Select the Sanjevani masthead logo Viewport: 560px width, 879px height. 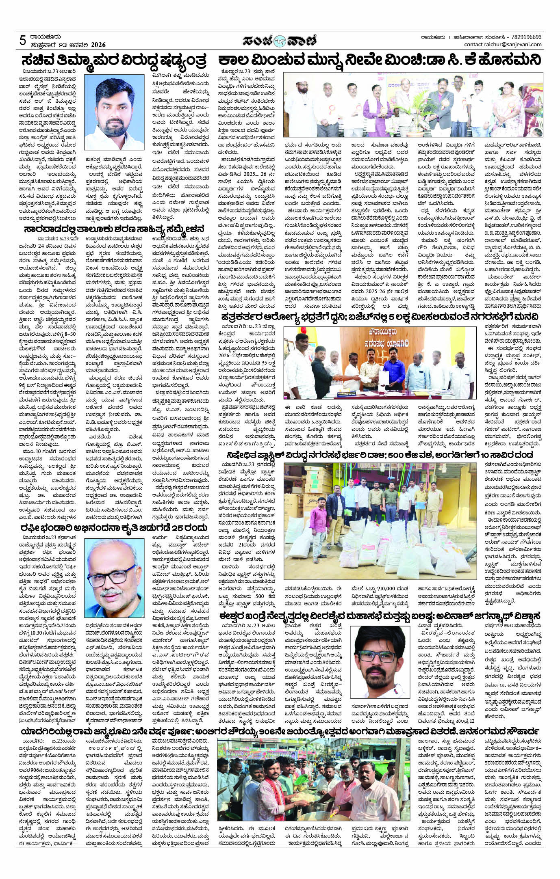[280, 41]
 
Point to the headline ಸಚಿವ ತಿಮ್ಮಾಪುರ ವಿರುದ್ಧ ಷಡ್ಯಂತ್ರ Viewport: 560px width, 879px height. [114, 61]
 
